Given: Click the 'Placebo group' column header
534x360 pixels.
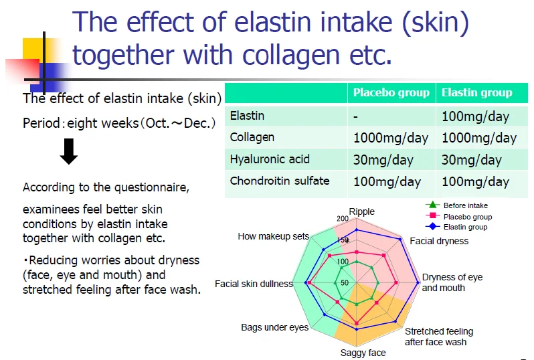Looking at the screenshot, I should tap(391, 92).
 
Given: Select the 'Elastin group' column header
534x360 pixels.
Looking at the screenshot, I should tap(476, 92).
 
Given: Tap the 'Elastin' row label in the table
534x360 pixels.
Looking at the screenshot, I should tap(247, 116).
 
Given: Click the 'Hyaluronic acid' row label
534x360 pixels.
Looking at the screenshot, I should tap(270, 159).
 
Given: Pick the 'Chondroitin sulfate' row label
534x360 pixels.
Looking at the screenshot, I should tap(280, 181).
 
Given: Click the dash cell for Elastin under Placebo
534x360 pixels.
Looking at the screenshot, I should tap(357, 116).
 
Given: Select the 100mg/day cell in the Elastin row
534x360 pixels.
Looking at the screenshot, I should tap(475, 116).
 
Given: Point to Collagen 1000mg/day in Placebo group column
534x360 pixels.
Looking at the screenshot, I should tap(391, 138).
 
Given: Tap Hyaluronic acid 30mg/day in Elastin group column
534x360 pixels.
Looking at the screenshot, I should tap(471, 160).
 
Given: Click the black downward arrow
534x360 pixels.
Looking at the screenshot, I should tap(69, 153).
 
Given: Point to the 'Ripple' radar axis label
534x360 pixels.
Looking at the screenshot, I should tap(361, 211).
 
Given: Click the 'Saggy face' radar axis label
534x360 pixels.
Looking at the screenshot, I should tap(363, 353).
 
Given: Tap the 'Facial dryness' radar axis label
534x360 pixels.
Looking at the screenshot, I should tap(439, 241).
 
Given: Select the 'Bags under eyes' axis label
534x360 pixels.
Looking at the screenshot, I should tap(274, 327).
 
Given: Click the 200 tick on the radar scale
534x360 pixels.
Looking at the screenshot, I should tap(343, 219).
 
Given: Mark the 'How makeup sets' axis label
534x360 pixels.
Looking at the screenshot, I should tap(273, 236).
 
